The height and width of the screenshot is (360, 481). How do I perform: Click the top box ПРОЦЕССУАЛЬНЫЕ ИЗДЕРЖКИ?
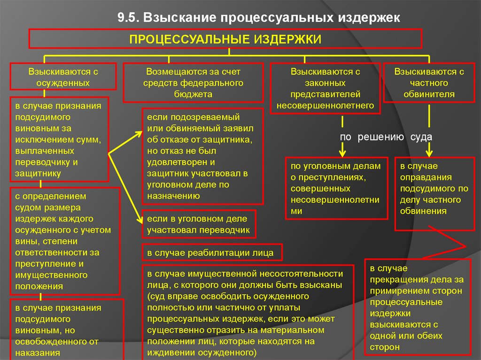coord(225,38)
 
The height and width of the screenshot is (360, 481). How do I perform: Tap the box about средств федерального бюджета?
coord(193,83)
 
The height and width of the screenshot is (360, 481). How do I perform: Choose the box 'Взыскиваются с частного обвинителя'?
coord(429,83)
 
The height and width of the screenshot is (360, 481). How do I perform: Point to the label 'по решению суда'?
coord(386,137)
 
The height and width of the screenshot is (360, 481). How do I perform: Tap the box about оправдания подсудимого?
coord(434,193)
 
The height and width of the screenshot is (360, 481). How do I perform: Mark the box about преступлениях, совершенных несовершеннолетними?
coord(336,188)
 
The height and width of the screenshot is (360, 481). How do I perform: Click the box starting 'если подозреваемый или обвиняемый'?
coord(203,156)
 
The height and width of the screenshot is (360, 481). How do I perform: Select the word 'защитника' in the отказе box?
coord(231,140)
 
